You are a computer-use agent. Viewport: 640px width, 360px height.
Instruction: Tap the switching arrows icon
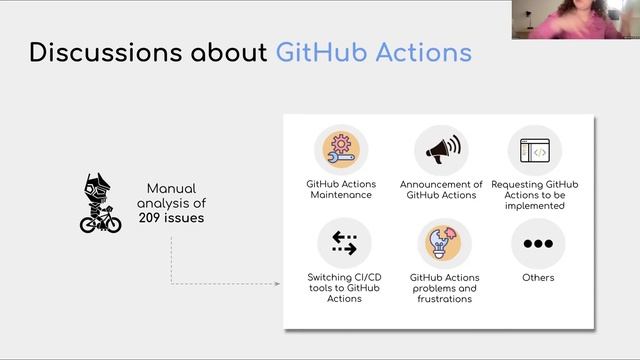[344, 243]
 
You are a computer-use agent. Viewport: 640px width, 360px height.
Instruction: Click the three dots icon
[538, 243]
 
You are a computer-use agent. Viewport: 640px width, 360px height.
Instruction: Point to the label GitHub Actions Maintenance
[340, 189]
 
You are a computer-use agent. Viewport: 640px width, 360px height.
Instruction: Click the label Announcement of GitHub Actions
[441, 189]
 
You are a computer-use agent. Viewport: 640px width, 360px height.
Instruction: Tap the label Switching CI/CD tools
[344, 288]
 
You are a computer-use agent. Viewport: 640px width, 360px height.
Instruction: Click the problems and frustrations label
[444, 288]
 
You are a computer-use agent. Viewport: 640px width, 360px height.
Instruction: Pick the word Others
[538, 277]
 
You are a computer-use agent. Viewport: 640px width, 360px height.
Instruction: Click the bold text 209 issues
[171, 216]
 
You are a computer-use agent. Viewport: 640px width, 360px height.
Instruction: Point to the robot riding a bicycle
[100, 204]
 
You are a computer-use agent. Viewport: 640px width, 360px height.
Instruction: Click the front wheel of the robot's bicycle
[113, 224]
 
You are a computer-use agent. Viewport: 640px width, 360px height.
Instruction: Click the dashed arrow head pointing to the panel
[279, 283]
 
